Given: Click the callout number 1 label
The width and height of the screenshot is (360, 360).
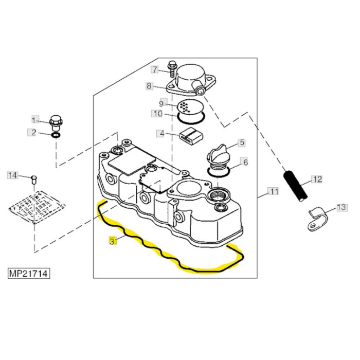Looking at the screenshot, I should [x=35, y=119].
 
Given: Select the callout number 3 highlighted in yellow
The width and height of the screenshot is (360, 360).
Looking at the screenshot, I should [x=113, y=240].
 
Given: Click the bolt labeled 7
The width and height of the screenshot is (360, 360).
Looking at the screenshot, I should [x=171, y=68].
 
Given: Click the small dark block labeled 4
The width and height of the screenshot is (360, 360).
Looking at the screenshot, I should [x=190, y=136].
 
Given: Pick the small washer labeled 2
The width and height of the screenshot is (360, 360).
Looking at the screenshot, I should [x=56, y=136].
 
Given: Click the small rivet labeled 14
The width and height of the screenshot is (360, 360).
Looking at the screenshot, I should [x=34, y=179].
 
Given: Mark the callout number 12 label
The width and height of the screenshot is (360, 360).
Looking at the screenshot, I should [x=317, y=179].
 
